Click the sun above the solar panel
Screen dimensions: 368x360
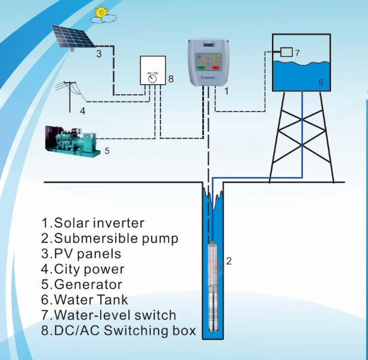tap(101, 12)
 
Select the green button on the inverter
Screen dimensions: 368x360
tap(202, 68)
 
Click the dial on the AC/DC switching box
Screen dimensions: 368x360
tap(153, 79)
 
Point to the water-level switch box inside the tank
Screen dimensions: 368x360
tap(286, 52)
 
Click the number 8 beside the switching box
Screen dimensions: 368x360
tap(171, 79)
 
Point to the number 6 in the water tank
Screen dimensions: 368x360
tap(321, 82)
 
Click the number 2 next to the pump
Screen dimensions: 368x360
tap(229, 261)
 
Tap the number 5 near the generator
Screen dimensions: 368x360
tap(107, 151)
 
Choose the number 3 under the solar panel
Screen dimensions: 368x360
tap(99, 54)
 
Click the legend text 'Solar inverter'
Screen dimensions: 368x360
tap(99, 223)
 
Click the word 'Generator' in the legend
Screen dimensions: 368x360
tap(88, 284)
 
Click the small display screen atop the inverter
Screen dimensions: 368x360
tap(209, 44)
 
